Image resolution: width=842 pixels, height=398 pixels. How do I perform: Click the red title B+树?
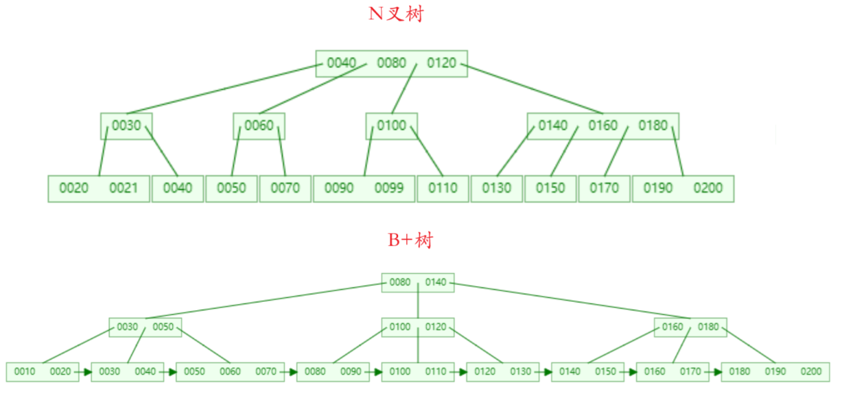click(410, 241)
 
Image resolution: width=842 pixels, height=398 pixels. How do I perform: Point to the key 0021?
click(124, 188)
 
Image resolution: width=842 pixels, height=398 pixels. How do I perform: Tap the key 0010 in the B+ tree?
click(25, 372)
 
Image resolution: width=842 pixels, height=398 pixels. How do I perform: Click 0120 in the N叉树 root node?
click(441, 63)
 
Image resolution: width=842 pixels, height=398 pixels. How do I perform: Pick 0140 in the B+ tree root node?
click(436, 283)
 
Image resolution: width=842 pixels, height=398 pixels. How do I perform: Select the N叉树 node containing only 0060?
click(259, 126)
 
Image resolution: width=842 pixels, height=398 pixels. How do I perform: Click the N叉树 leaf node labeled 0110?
click(443, 188)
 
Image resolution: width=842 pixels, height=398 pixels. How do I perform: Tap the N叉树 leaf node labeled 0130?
click(496, 188)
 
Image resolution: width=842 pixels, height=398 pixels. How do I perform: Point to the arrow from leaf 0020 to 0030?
click(84, 372)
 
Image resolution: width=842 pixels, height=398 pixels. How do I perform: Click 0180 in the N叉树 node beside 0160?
click(653, 126)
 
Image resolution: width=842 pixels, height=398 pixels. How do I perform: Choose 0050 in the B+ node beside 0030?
click(163, 327)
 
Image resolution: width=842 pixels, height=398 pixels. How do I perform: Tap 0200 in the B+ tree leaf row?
click(810, 372)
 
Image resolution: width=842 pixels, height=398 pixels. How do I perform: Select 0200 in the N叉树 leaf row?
click(707, 188)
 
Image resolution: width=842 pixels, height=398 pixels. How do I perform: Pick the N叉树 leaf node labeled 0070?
click(285, 188)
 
